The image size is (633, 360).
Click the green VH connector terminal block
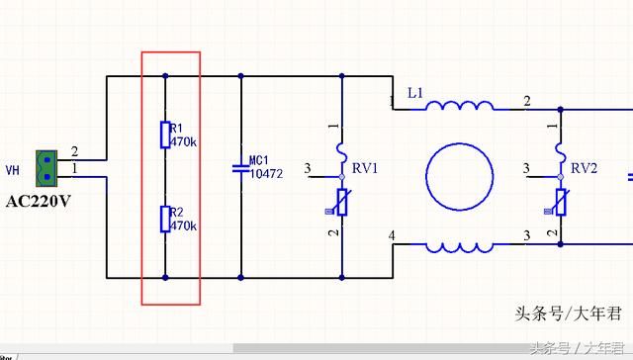pos(46,168)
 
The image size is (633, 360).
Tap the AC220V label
pos(39,201)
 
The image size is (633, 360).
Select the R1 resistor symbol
pos(165,135)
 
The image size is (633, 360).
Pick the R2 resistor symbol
pos(165,219)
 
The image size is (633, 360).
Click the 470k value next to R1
pos(183,142)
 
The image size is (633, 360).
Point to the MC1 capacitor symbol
pos(241,168)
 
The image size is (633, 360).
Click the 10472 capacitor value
pos(266,174)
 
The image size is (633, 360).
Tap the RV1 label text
pos(365,168)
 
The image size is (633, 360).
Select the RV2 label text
pos(584,168)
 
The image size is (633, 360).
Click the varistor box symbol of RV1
pos(342,202)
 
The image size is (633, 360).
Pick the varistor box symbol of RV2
pos(561,202)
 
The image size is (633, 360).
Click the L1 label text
pos(415,93)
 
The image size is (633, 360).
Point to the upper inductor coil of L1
pos(460,106)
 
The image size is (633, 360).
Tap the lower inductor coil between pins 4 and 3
pos(460,248)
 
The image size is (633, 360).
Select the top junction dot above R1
pos(165,76)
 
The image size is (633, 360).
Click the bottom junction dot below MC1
pos(241,278)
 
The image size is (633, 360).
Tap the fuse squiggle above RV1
pos(342,152)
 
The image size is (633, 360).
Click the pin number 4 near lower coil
pos(392,235)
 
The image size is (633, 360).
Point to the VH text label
pos(13,170)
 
